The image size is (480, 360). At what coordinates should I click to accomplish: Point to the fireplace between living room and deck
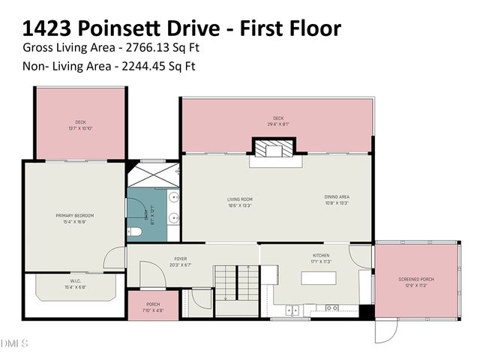point(274,151)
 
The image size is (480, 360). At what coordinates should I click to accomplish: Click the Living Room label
point(240,199)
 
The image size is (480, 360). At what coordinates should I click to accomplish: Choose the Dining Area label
point(337,196)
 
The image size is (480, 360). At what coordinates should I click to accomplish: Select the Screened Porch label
point(415,279)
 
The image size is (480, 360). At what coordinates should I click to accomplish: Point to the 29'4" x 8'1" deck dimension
point(278,124)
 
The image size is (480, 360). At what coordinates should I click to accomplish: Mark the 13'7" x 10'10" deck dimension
point(79,128)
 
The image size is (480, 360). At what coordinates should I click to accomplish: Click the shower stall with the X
point(152,174)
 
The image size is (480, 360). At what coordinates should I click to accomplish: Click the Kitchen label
point(321,255)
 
